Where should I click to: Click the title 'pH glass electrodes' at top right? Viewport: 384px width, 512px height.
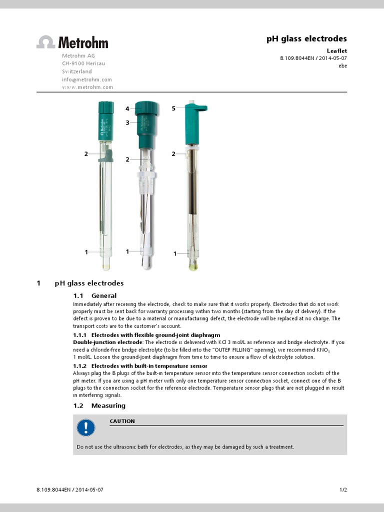pos(306,39)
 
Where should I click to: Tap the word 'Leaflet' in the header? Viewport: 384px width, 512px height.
pos(336,50)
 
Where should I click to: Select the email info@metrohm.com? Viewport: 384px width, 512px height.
pos(86,79)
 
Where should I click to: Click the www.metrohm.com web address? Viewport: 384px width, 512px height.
pos(87,87)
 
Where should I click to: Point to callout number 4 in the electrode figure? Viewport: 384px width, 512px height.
pos(127,108)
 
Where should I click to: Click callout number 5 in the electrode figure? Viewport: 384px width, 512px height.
pos(173,108)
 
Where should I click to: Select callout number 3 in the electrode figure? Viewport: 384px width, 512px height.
pos(127,122)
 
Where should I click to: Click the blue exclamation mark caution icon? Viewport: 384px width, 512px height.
pos(85,427)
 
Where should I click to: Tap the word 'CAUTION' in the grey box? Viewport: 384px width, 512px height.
pos(122,421)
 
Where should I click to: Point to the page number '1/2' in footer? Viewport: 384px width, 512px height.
pos(342,490)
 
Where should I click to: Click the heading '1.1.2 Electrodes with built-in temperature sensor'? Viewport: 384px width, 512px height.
pos(140,366)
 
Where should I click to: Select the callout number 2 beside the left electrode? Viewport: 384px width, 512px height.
pos(86,154)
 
